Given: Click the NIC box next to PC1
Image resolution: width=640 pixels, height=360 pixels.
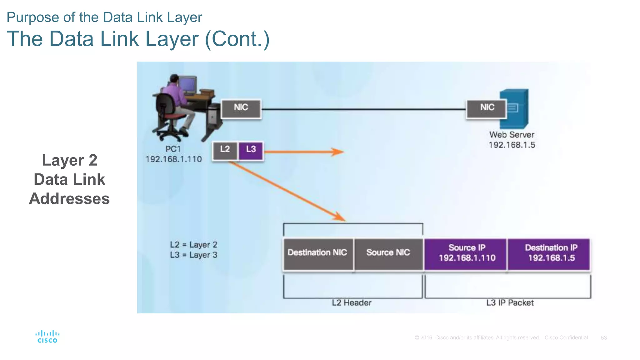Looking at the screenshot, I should point(241,109).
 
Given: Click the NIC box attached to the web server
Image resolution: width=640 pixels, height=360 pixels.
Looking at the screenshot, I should point(486,109).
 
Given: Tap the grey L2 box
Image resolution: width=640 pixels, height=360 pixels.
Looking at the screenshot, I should point(225,151).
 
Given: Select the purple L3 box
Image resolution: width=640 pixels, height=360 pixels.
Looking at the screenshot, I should point(251,151).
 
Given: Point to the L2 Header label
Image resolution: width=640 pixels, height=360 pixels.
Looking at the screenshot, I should point(352,303).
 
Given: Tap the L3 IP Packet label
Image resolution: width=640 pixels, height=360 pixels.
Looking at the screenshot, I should point(510,303).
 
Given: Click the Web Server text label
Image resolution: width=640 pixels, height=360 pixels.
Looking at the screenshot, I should point(512,135).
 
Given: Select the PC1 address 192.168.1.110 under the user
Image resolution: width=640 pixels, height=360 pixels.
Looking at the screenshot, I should point(174,159).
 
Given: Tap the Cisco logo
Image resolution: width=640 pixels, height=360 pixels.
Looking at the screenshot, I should point(47,337).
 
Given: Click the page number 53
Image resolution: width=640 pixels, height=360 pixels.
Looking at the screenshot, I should point(603,338).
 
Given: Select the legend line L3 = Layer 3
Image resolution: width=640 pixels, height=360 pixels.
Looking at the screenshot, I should point(193,255).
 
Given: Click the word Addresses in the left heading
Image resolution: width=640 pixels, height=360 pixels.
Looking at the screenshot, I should point(69,199).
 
